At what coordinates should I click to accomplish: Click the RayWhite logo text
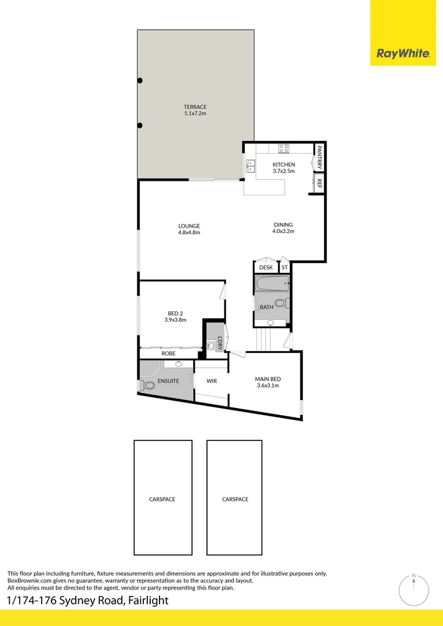pyautogui.click(x=403, y=54)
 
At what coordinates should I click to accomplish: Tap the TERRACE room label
pyautogui.click(x=195, y=107)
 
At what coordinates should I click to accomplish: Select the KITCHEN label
pyautogui.click(x=284, y=165)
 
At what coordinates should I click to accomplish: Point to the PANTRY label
pyautogui.click(x=319, y=157)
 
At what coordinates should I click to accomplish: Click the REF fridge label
pyautogui.click(x=319, y=184)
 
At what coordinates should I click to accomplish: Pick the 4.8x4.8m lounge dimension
pyautogui.click(x=189, y=232)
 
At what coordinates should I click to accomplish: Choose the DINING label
pyautogui.click(x=284, y=225)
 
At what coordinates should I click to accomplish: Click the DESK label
pyautogui.click(x=266, y=267)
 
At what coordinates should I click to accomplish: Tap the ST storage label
pyautogui.click(x=284, y=267)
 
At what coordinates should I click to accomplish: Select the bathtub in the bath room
pyautogui.click(x=272, y=285)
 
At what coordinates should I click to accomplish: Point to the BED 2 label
pyautogui.click(x=175, y=314)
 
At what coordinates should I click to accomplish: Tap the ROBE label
pyautogui.click(x=168, y=353)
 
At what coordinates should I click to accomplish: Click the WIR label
pyautogui.click(x=212, y=381)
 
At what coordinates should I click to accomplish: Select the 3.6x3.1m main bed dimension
pyautogui.click(x=267, y=385)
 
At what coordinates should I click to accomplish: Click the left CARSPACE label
pyautogui.click(x=162, y=499)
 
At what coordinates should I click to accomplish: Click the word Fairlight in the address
pyautogui.click(x=147, y=600)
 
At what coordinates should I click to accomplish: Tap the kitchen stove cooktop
pyautogui.click(x=284, y=148)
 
